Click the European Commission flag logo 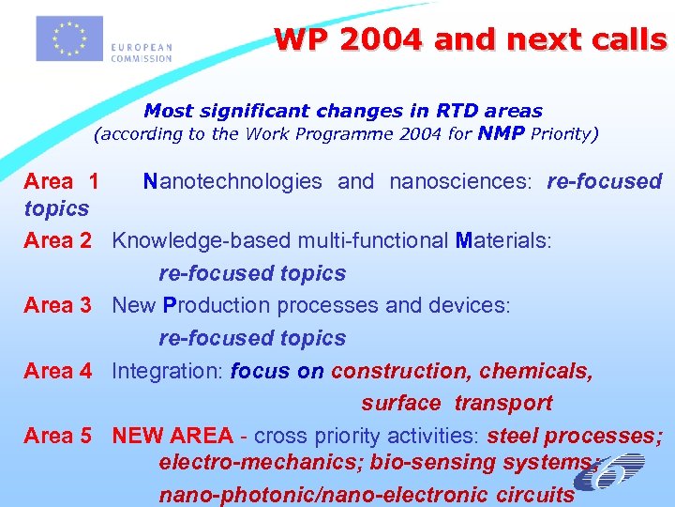tap(68, 38)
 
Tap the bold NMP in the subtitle tap(501, 133)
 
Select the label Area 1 tap(61, 181)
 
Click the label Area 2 tap(57, 240)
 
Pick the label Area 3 tap(57, 305)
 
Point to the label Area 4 tap(57, 371)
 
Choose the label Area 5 tap(57, 436)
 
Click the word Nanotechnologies tap(232, 181)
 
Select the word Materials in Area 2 tap(502, 240)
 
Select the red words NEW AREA tap(172, 436)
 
